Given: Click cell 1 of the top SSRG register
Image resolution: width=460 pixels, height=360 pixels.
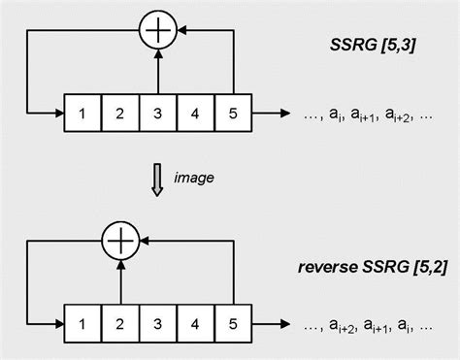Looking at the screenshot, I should coord(82,113).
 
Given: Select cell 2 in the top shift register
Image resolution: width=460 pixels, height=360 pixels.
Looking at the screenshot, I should coord(120,113).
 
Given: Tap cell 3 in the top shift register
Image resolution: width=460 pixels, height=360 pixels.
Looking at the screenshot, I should coord(157,113).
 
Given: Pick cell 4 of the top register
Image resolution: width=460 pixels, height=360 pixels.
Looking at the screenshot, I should coord(195,113).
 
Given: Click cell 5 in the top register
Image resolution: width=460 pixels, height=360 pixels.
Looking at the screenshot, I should coord(233,113).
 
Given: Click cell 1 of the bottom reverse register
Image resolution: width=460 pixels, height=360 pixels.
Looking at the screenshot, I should coord(82,322).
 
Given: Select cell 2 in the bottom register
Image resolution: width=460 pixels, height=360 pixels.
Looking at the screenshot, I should coord(120,322).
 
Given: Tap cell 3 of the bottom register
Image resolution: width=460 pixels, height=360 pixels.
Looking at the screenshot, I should coord(157,322).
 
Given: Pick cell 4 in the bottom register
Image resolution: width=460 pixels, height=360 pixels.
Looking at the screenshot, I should coord(195,322).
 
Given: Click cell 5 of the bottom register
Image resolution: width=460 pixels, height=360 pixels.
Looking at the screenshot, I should coord(233,322).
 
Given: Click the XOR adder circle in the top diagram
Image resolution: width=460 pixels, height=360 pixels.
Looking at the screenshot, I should coord(157,31).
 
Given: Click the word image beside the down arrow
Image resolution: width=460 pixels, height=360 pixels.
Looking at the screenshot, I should coord(193,178).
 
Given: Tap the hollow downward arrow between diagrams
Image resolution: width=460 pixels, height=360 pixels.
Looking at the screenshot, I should coord(158,179).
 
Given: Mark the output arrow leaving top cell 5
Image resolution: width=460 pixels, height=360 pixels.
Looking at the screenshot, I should coord(272,113).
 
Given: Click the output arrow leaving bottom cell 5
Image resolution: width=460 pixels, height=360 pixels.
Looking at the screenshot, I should coord(272,322).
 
